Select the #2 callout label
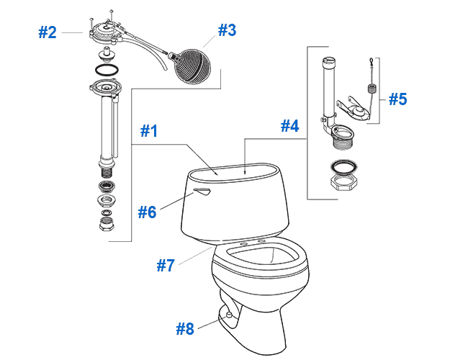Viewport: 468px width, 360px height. [47, 32]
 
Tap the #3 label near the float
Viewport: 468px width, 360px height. [227, 30]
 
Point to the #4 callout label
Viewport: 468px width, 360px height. [289, 125]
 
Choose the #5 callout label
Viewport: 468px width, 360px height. [397, 99]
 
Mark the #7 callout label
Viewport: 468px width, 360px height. [166, 264]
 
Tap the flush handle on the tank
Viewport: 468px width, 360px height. [202, 190]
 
